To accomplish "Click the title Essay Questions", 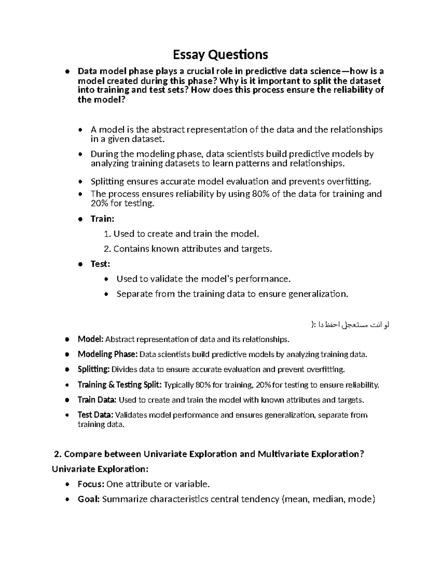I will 220,55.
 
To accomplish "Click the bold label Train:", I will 103,219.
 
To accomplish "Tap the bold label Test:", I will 100,264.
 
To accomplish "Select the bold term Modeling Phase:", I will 108,354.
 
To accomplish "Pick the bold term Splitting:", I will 93,369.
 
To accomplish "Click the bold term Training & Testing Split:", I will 119,385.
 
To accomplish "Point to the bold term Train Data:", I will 97,400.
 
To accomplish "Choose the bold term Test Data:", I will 96,415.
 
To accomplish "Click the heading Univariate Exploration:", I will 100,469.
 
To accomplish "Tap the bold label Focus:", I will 91,484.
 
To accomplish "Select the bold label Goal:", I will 89,499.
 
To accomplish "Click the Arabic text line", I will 349,324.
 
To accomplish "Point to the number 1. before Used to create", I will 107,234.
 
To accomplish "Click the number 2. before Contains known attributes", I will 107,249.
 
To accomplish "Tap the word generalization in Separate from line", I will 316,294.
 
